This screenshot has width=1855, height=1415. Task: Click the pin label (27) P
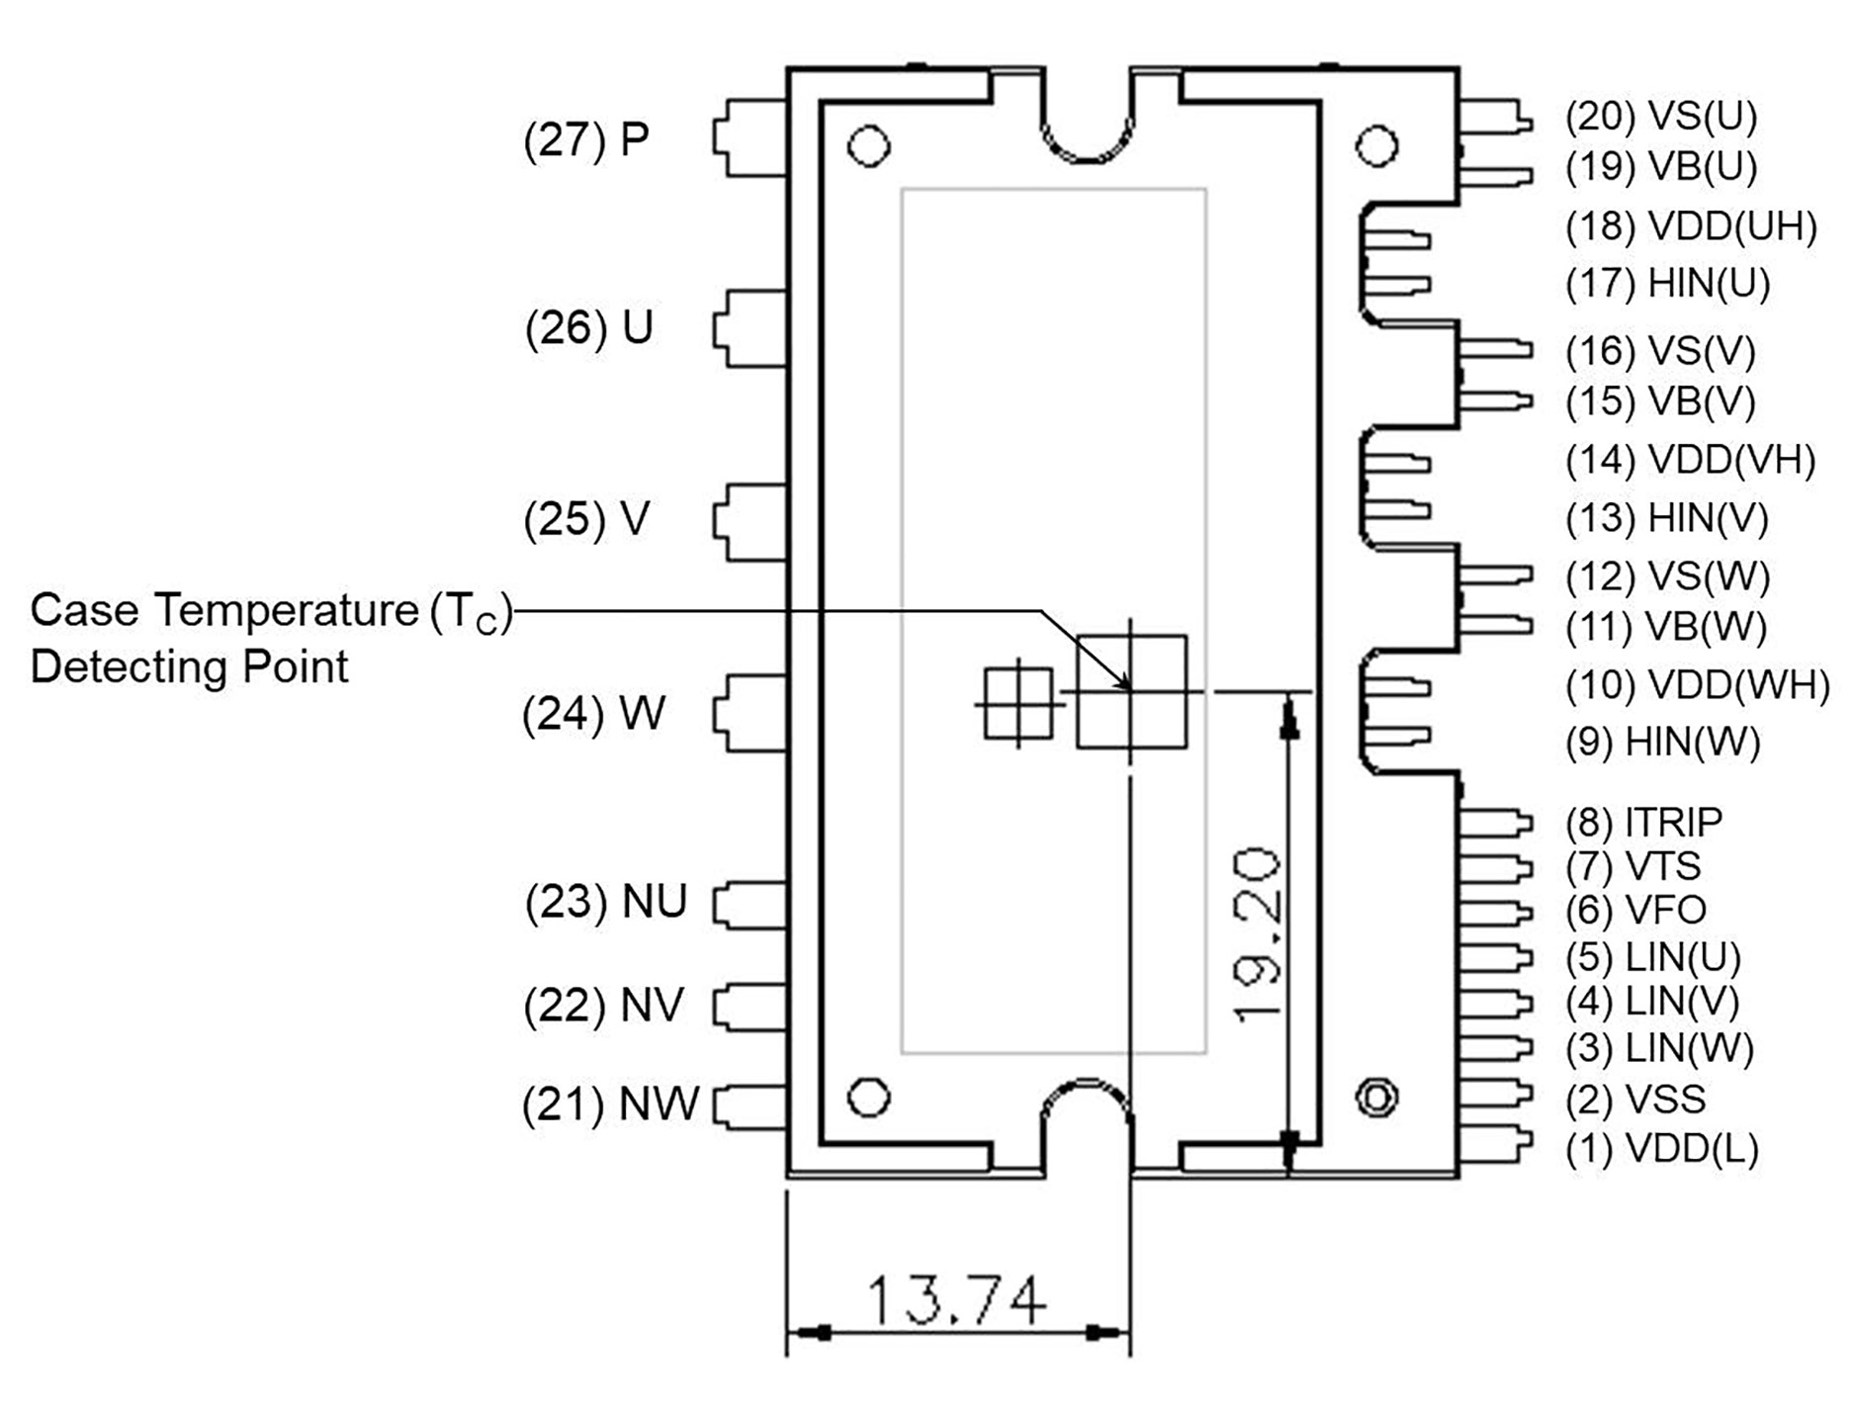(586, 139)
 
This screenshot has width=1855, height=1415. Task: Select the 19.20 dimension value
(1259, 933)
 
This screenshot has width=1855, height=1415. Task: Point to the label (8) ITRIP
(1643, 822)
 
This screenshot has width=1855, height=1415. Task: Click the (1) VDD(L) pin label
(1661, 1149)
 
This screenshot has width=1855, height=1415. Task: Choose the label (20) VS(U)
(1660, 117)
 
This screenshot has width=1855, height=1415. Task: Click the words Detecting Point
(189, 666)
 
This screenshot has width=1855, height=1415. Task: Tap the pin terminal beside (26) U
(750, 328)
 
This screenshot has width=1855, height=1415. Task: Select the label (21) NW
(610, 1105)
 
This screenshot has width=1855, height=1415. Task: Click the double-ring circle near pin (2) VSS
(1376, 1098)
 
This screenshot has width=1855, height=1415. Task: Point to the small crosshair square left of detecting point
(1018, 704)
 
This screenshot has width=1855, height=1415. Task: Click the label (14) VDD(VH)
(1690, 460)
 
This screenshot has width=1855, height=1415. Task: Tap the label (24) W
(593, 713)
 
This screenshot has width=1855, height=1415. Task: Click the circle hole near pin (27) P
(868, 146)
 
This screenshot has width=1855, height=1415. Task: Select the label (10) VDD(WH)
(1697, 684)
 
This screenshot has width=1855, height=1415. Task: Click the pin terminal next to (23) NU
(750, 905)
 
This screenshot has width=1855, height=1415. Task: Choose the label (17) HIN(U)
(1667, 284)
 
